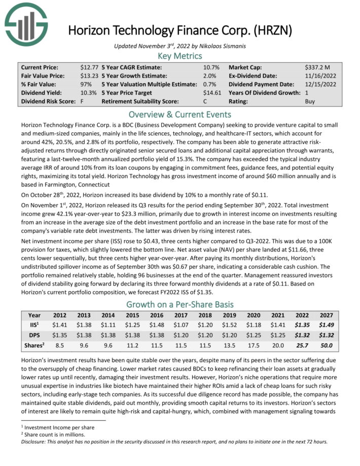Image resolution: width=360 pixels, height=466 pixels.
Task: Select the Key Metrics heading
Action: (180, 56)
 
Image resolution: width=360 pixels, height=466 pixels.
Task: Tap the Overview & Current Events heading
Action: (180, 114)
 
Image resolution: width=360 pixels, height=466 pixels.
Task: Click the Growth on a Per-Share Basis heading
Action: (180, 304)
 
